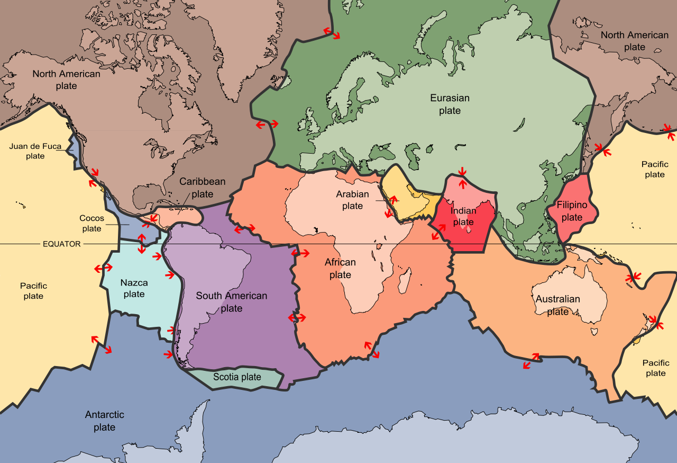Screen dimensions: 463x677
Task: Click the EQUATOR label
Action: click(62, 244)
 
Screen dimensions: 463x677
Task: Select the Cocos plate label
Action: click(92, 224)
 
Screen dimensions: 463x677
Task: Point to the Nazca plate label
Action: click(134, 289)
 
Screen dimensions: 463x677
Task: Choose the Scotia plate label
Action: click(237, 377)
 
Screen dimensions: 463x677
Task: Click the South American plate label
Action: click(231, 302)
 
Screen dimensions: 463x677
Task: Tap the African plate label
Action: click(340, 269)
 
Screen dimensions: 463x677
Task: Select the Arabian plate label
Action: click(352, 200)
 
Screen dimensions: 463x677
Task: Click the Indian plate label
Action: click(463, 217)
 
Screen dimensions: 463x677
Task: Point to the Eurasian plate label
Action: click(450, 104)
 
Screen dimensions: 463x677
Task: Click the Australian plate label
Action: click(557, 305)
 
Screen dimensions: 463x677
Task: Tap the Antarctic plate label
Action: click(104, 421)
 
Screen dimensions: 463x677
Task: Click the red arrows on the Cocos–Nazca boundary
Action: click(141, 243)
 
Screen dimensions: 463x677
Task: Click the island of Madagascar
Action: click(405, 280)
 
